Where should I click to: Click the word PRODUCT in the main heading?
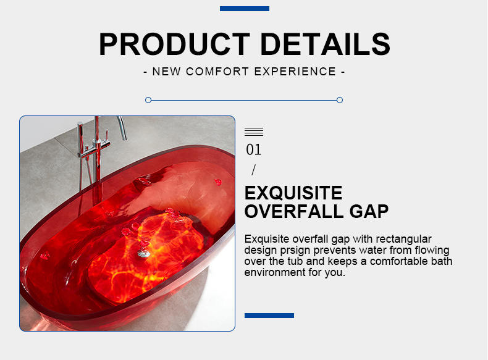click(174, 44)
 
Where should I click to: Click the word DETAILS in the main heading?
click(325, 44)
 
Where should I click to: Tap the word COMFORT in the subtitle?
click(217, 72)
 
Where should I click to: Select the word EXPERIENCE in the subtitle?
click(295, 72)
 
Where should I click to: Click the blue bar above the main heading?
click(245, 9)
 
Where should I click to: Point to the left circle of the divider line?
click(148, 100)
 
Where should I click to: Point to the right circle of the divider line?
click(340, 100)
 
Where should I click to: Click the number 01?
click(254, 149)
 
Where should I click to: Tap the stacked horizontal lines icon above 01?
click(254, 132)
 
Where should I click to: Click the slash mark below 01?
click(254, 170)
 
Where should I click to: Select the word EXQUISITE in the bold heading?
click(293, 193)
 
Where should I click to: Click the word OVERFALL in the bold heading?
click(294, 212)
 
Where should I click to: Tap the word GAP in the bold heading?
click(369, 212)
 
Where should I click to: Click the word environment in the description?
click(275, 272)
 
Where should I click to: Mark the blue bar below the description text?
click(269, 316)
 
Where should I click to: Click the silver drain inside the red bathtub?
click(143, 254)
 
